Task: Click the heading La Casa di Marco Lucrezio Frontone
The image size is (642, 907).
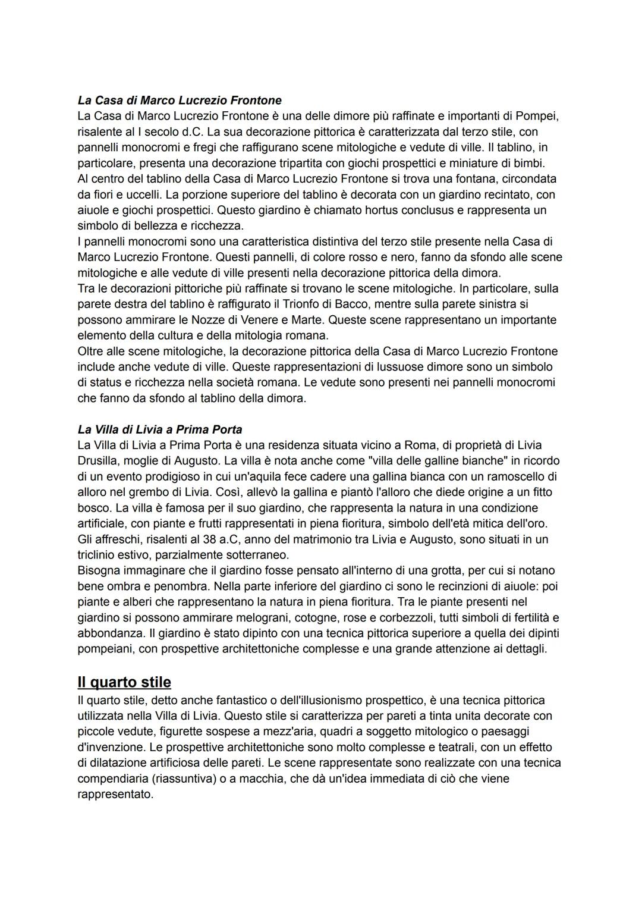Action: (x=180, y=100)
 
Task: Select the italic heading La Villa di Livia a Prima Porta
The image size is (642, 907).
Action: (x=160, y=429)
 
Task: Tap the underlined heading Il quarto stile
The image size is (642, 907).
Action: (x=124, y=682)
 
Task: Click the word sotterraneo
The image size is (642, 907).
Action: (x=255, y=554)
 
